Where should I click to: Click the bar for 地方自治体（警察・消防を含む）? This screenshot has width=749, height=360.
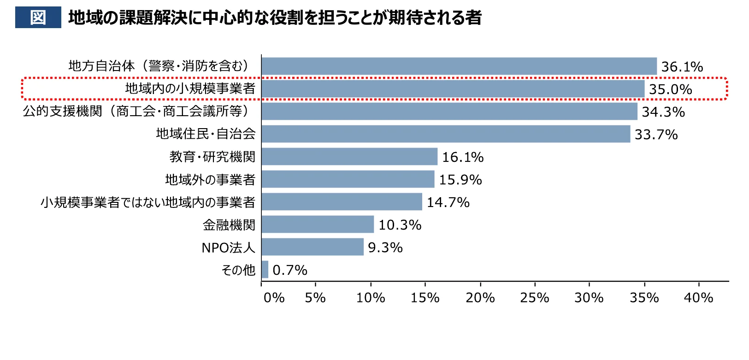tap(459, 66)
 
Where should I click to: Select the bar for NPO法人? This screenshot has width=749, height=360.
tap(313, 247)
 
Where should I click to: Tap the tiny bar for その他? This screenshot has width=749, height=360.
tap(265, 270)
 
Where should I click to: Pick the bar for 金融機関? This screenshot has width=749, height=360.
tap(318, 224)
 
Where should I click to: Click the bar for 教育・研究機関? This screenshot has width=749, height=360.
tap(349, 157)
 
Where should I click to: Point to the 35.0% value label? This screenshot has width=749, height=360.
tap(670, 89)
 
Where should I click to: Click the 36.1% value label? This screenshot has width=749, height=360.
tap(682, 67)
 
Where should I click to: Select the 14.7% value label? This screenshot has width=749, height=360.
tap(448, 202)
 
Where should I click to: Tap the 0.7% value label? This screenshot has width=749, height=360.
tap(289, 270)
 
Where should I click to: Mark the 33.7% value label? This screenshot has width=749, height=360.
tap(656, 135)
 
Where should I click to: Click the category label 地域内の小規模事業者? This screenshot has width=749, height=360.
tap(190, 89)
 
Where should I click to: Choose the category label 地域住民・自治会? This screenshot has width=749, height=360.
tap(206, 134)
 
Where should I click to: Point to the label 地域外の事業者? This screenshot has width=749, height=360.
tap(210, 179)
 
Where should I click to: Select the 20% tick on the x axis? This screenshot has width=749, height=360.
tap(480, 298)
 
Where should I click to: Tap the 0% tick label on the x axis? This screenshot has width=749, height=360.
tap(274, 298)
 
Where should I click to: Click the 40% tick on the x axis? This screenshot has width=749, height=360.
tap(698, 298)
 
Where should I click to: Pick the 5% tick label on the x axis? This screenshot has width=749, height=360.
tap(315, 298)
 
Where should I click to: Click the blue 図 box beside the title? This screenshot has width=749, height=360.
tap(38, 18)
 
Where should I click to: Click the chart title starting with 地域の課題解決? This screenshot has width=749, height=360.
tap(275, 18)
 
